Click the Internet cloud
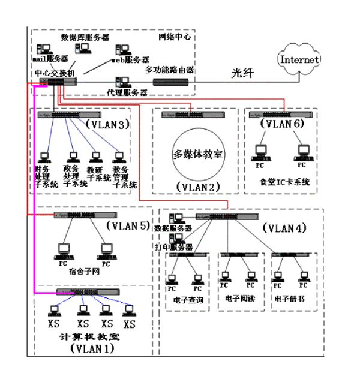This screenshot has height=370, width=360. [300, 60]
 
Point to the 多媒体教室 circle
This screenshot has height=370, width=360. [197, 154]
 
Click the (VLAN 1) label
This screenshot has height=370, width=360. [91, 348]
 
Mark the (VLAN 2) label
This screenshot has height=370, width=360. [199, 186]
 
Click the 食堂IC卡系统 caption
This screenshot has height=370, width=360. [284, 182]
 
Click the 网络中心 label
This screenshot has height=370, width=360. [175, 37]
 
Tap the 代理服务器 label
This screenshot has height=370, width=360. [127, 93]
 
